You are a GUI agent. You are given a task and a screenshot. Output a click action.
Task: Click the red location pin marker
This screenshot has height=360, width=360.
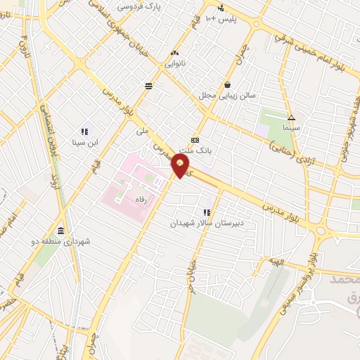pos(181,165)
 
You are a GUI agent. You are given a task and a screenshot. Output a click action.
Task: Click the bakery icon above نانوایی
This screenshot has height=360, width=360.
pos(174,52)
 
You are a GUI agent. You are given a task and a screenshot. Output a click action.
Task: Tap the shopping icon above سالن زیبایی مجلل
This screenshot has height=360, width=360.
pos(227,84)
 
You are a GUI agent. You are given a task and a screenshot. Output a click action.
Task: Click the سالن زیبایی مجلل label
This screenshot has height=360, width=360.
pos(227,95)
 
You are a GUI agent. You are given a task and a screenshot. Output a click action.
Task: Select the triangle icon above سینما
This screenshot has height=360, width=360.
pos(291,117)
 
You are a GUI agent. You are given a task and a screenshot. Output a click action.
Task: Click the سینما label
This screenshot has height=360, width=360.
pos(290,128)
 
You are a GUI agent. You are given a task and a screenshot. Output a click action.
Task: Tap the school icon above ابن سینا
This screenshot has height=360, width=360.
pos(84,131)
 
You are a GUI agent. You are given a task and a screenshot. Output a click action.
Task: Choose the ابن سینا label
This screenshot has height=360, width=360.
pos(84,141)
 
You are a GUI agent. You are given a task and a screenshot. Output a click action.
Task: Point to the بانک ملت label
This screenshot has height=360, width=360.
pos(194,150)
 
